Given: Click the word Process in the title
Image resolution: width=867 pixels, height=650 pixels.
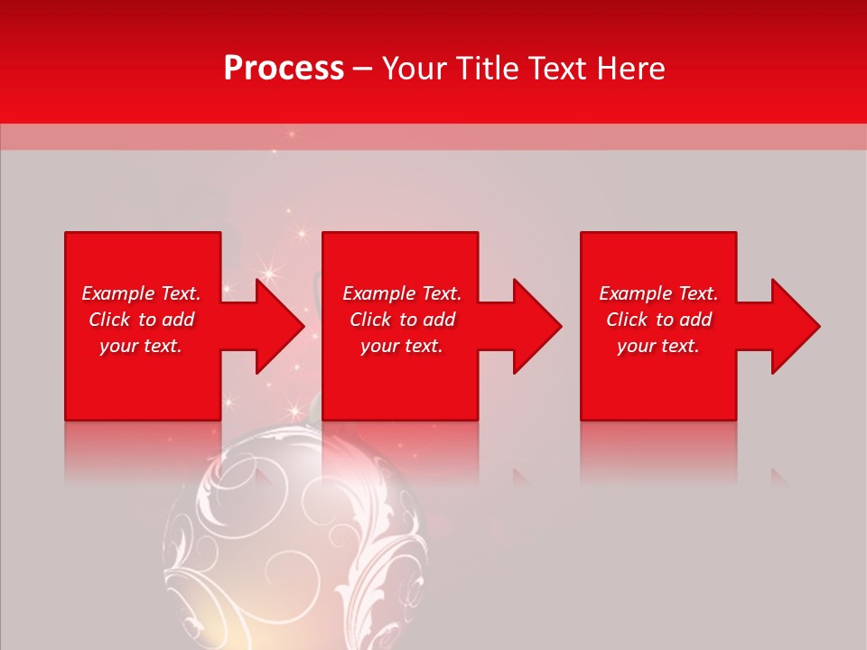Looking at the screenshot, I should point(284,69).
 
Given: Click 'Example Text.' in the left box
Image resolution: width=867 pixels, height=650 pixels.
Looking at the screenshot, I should point(141,293).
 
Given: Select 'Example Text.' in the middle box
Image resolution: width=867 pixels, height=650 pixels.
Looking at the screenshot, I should point(402,293).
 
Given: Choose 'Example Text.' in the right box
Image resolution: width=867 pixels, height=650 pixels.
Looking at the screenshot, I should point(658,293).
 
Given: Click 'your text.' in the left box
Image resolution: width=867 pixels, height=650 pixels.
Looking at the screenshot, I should point(141,346).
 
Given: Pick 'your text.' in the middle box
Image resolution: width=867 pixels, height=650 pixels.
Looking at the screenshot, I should point(402,346).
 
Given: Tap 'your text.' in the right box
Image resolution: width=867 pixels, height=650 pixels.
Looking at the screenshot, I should point(658,346).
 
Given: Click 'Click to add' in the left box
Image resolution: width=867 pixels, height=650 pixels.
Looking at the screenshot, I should point(141,320).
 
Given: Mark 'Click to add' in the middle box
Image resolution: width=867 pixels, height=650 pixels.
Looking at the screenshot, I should point(402,320).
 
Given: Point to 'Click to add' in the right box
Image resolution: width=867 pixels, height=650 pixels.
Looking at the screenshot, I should point(658,320).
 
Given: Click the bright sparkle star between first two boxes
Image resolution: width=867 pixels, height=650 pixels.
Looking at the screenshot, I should point(268,272).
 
